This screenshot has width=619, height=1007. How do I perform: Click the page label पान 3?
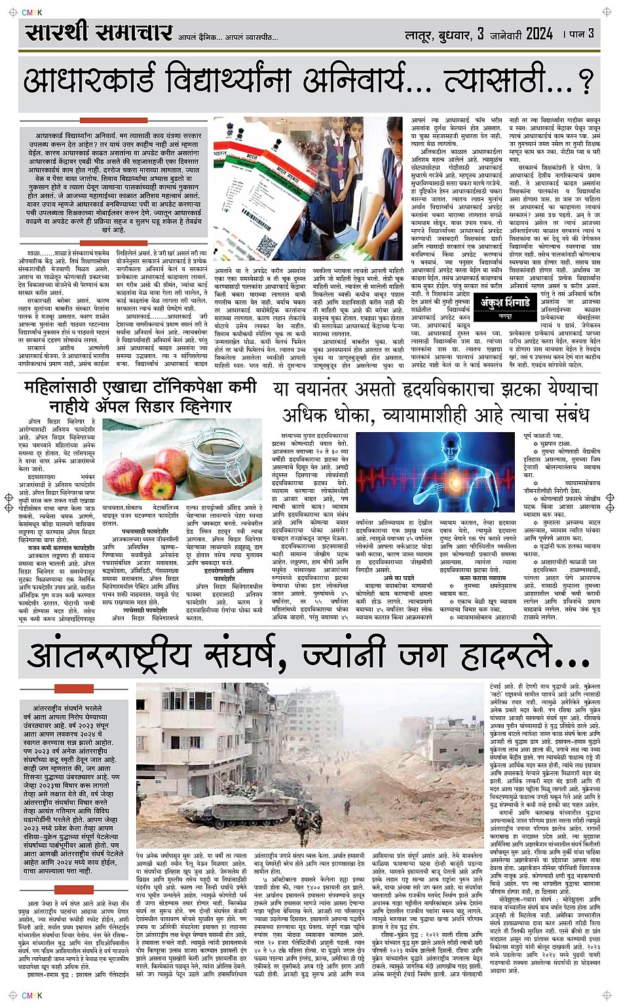coord(582,33)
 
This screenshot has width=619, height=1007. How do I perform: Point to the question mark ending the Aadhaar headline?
coord(585,82)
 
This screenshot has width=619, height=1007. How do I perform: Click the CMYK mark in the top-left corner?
coord(31,12)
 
